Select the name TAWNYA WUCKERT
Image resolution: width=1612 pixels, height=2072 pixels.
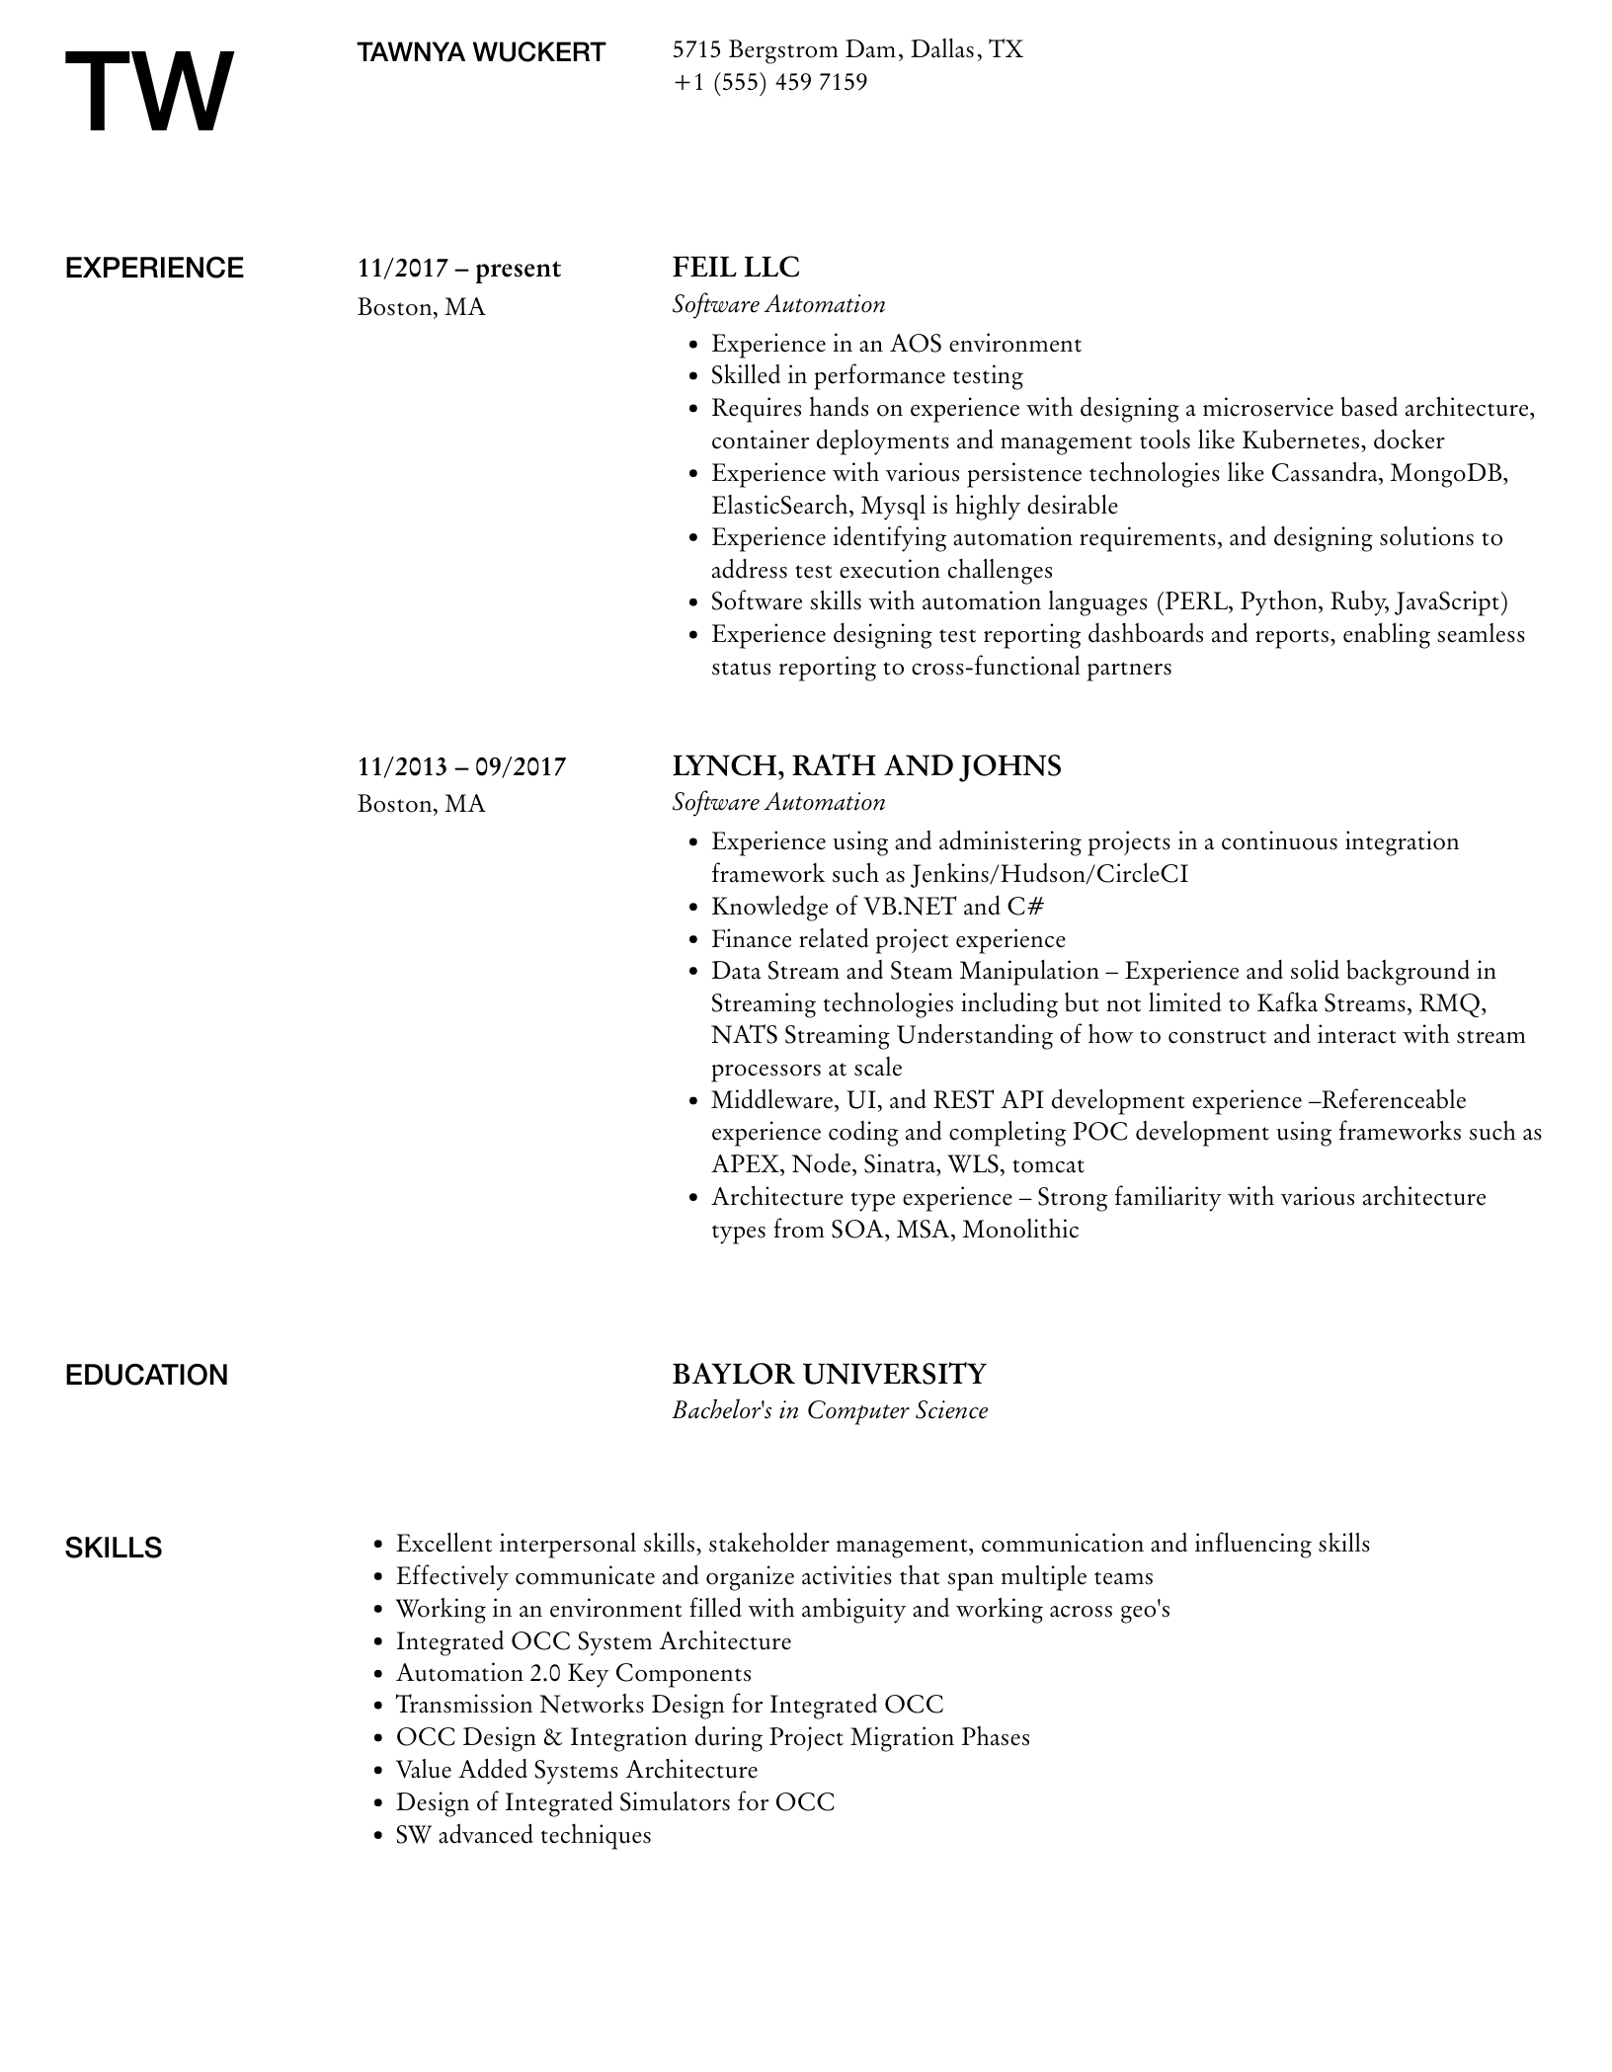pos(481,52)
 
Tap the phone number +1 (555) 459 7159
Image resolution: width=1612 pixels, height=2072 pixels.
pos(769,82)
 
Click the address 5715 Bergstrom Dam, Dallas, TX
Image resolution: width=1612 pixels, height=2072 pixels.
pos(847,49)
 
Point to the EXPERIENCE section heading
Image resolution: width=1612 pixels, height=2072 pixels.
pos(154,269)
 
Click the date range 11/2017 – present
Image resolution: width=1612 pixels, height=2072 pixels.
pos(459,269)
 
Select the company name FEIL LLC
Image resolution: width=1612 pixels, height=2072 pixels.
pos(736,268)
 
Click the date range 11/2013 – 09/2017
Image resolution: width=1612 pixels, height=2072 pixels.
pos(461,766)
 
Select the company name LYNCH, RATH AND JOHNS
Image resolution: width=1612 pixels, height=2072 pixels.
pos(866,766)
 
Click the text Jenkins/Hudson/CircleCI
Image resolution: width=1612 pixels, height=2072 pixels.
pos(1049,874)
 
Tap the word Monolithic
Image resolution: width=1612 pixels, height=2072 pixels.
pos(1020,1230)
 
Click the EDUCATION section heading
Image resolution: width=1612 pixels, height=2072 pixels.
pos(146,1376)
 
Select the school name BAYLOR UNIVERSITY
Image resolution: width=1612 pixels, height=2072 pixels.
pos(829,1374)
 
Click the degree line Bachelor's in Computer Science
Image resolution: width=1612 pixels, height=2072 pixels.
pos(830,1410)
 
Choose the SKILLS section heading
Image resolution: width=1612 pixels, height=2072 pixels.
pos(114,1548)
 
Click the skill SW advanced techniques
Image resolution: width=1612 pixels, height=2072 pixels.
pos(524,1836)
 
